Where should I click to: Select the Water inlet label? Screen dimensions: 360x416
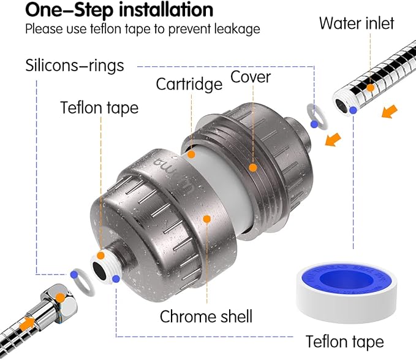pyautogui.click(x=357, y=24)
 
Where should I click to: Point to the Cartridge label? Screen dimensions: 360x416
pyautogui.click(x=189, y=83)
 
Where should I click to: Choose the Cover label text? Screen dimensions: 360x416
pyautogui.click(x=251, y=78)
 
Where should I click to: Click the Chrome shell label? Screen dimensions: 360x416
pyautogui.click(x=206, y=316)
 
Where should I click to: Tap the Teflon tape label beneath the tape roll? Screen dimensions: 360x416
pyautogui.click(x=345, y=342)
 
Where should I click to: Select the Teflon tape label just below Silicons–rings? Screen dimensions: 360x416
pyautogui.click(x=99, y=108)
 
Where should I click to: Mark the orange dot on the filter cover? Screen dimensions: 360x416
pyautogui.click(x=251, y=166)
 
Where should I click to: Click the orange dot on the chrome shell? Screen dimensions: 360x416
pyautogui.click(x=207, y=218)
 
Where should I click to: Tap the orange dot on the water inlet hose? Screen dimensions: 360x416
pyautogui.click(x=371, y=88)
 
